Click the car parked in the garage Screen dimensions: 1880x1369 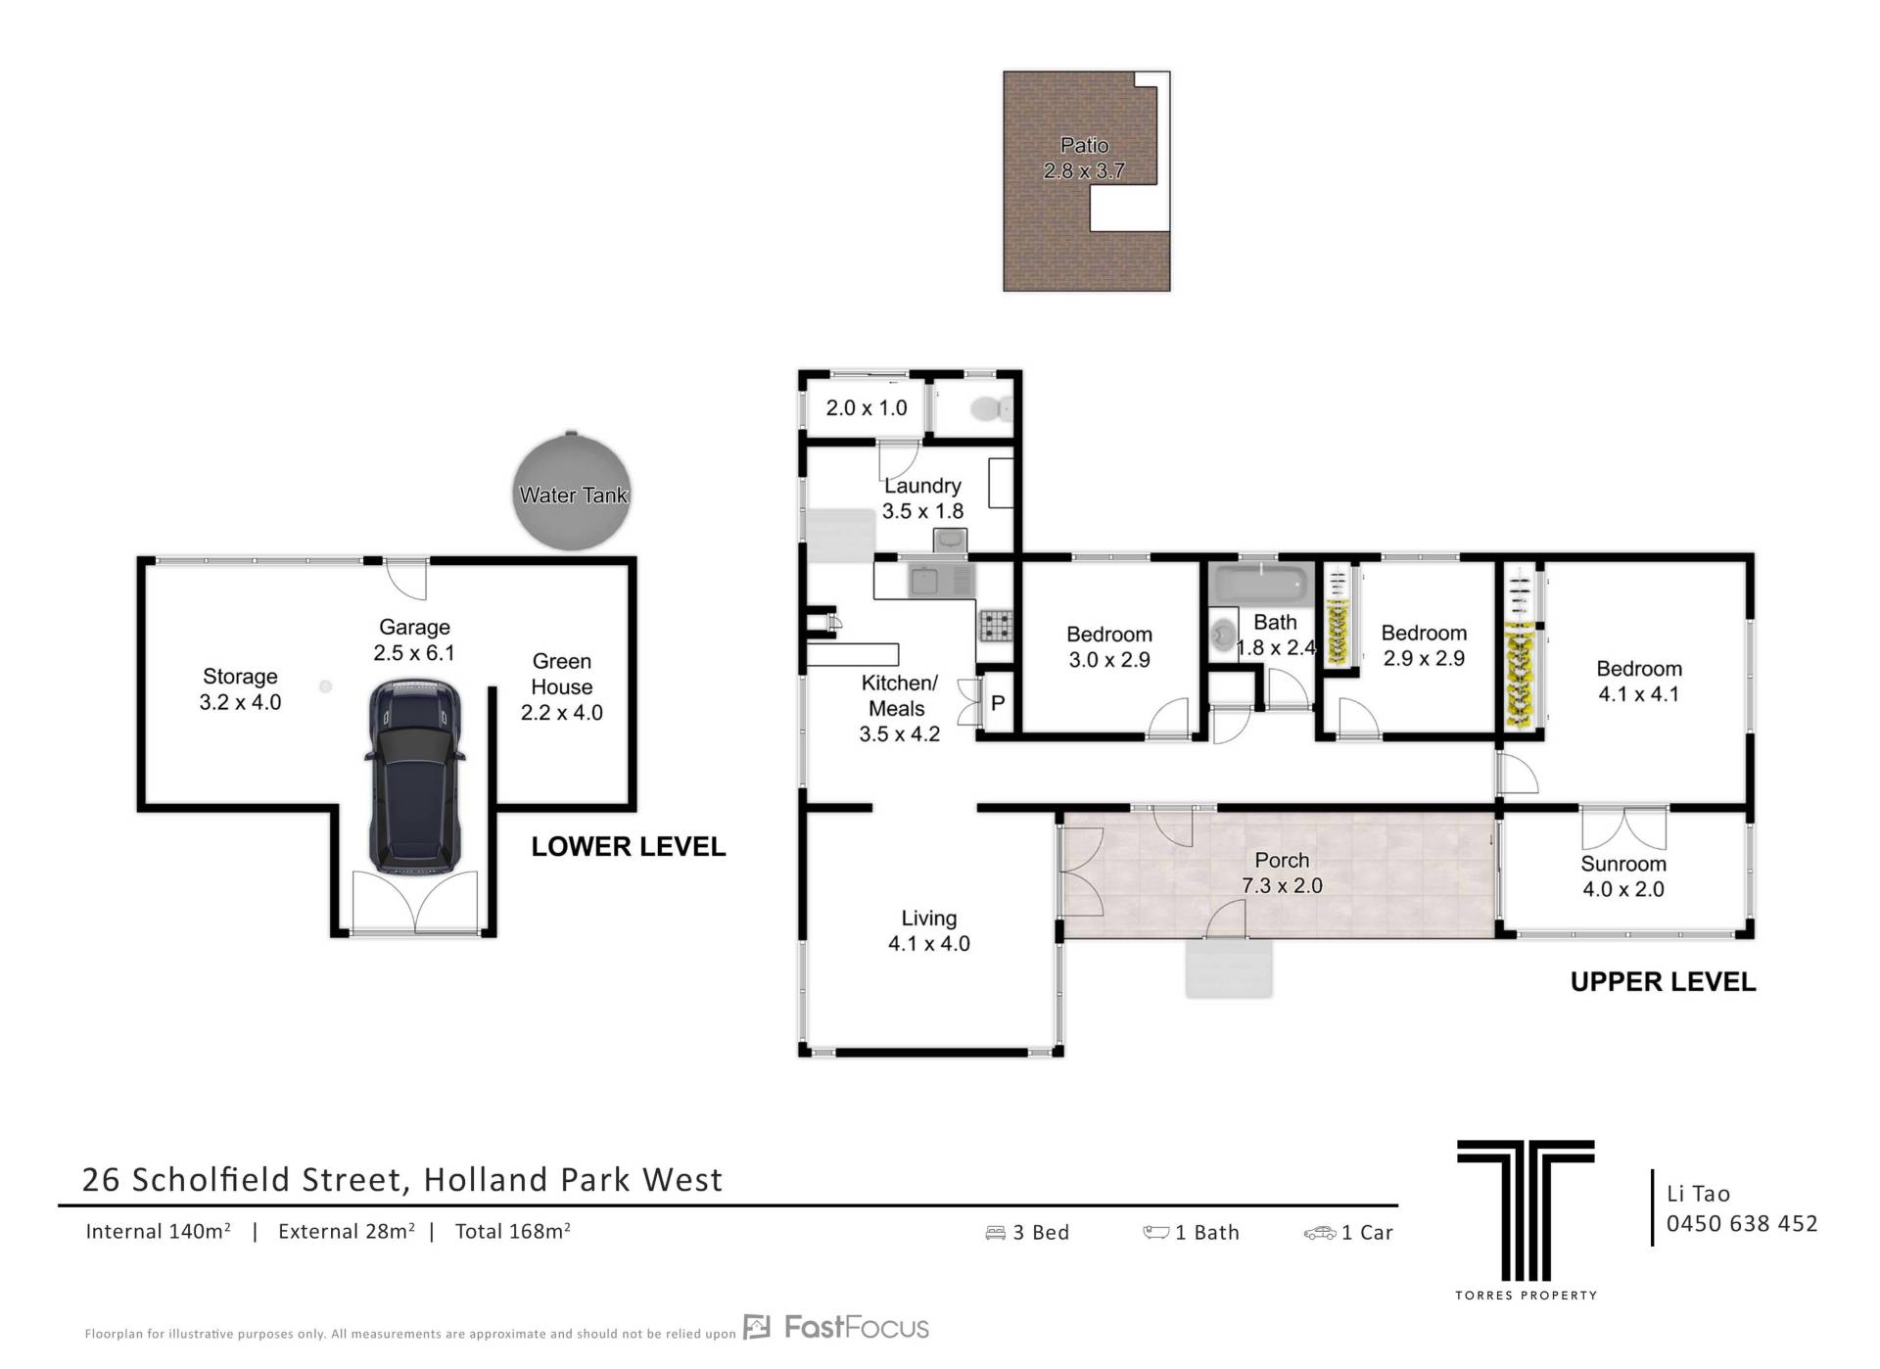(414, 776)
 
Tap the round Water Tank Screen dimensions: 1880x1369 (573, 493)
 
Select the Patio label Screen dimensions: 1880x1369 (1084, 145)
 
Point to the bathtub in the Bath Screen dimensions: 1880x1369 (1261, 585)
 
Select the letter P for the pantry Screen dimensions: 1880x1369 (998, 703)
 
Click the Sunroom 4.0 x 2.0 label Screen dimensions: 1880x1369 (1623, 876)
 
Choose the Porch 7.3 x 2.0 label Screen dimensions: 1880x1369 (1282, 873)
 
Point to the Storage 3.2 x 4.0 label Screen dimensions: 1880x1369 (240, 689)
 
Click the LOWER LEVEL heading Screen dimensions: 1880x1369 (629, 847)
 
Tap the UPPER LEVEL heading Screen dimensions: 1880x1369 (1663, 982)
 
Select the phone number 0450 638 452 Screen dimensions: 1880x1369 (1742, 1223)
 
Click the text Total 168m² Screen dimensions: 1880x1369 (512, 1231)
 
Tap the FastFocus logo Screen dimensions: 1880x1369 (836, 1327)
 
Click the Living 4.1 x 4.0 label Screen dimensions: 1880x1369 (929, 930)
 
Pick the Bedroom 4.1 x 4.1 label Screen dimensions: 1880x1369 (1639, 682)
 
